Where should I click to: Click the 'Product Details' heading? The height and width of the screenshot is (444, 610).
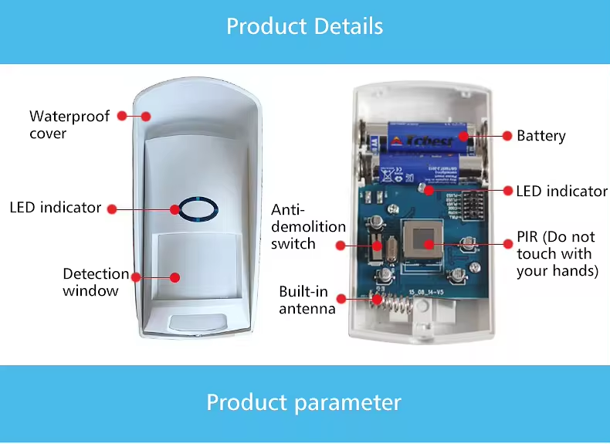point(304,26)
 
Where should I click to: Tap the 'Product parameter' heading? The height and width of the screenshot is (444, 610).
point(304,402)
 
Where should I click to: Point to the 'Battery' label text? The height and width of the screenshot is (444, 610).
point(541,136)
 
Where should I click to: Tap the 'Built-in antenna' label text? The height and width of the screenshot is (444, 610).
point(307,300)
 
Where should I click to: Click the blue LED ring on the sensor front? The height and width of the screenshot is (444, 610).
point(197,208)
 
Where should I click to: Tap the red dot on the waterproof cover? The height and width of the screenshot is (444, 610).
point(144,116)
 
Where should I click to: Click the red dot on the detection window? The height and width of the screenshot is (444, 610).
point(175,277)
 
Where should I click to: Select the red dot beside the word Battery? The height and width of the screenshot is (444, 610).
point(507,135)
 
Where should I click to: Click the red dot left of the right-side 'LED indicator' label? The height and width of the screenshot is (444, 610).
point(507,191)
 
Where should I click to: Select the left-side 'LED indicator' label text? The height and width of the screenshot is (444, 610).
point(56,208)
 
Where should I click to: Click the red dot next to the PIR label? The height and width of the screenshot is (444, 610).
point(507,242)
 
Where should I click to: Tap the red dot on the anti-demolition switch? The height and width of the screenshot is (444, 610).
point(340,245)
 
